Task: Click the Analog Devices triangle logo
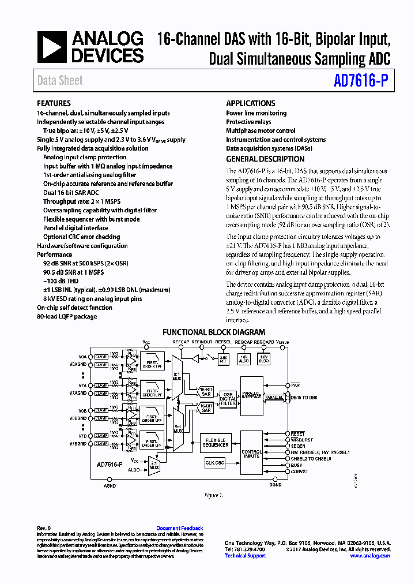[52, 47]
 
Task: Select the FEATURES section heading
[54, 103]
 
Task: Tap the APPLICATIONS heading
[250, 103]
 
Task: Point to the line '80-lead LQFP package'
[67, 317]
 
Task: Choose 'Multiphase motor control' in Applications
[261, 131]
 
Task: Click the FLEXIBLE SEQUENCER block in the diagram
[215, 442]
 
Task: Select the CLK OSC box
[215, 462]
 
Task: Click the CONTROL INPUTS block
[251, 452]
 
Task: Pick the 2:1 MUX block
[153, 465]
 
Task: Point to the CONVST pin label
[299, 471]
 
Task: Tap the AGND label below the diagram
[110, 486]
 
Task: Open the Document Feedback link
[180, 528]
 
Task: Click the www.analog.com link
[370, 555]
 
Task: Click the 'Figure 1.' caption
[213, 495]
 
